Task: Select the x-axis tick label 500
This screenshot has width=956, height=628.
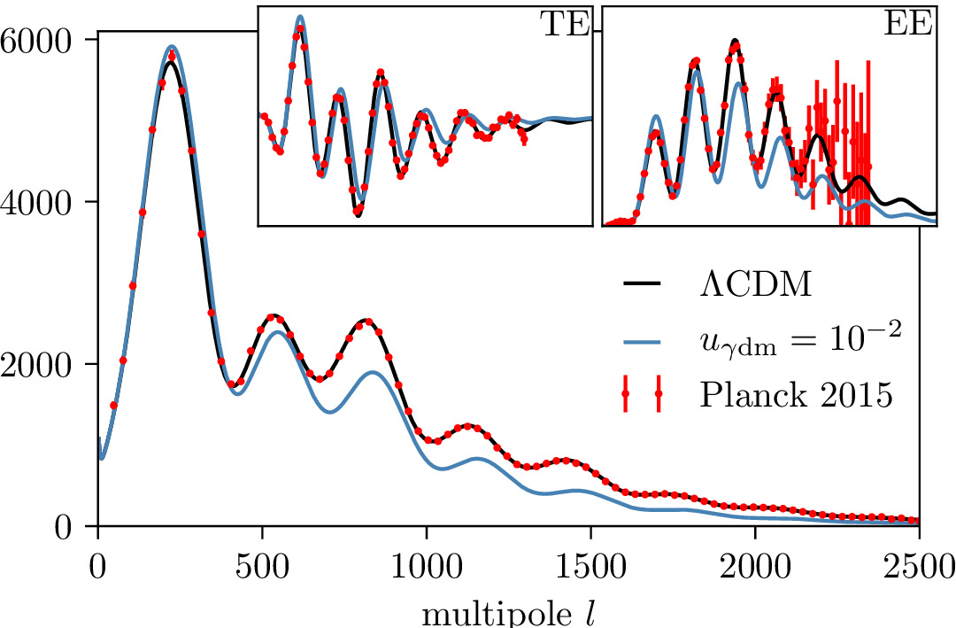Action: click(x=262, y=563)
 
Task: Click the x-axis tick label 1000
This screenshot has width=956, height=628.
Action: click(x=426, y=563)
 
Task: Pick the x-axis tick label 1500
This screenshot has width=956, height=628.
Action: click(x=590, y=563)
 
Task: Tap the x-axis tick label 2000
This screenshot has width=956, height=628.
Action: click(x=755, y=563)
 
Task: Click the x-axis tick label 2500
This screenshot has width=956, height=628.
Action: click(x=919, y=563)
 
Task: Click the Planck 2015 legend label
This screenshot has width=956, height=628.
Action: click(x=795, y=394)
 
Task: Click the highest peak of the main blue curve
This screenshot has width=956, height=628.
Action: click(x=197, y=46)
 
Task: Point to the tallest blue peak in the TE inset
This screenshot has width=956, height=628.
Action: click(x=300, y=16)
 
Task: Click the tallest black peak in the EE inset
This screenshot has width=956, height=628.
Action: click(x=735, y=41)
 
